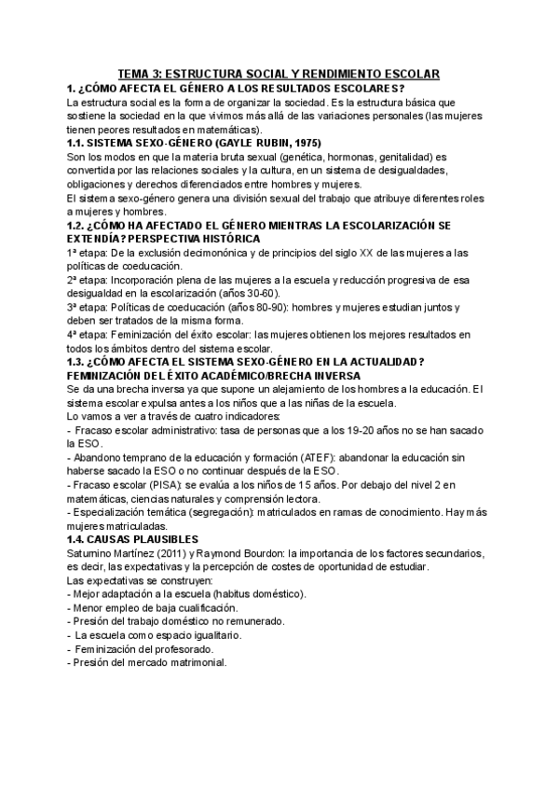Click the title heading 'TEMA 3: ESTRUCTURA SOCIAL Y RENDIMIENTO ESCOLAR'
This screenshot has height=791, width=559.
click(x=279, y=74)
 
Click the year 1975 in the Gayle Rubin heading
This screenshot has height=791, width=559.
click(x=305, y=143)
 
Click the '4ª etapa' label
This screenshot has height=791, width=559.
click(x=87, y=334)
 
